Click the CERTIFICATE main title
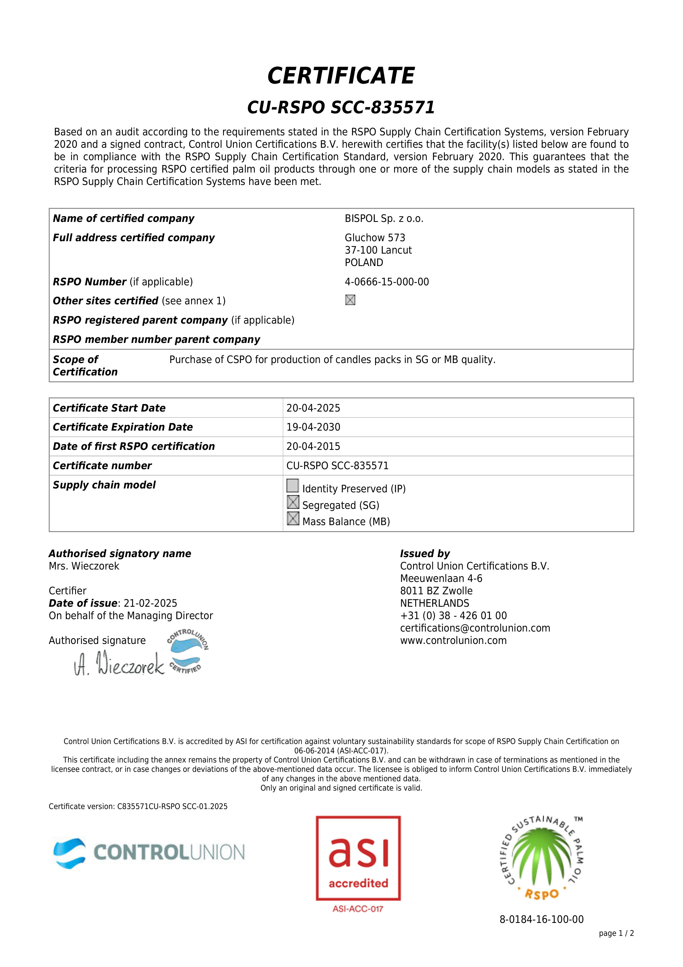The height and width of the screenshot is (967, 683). pyautogui.click(x=341, y=76)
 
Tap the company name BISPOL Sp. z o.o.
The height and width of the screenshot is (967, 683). pyautogui.click(x=384, y=219)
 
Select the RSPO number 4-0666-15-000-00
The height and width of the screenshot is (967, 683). pyautogui.click(x=386, y=282)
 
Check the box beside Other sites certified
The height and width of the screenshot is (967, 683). pyautogui.click(x=350, y=300)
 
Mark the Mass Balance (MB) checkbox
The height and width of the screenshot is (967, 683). pyautogui.click(x=293, y=519)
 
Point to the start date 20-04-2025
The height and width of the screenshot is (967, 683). pyautogui.click(x=313, y=408)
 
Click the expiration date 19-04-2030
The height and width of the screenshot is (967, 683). pyautogui.click(x=313, y=427)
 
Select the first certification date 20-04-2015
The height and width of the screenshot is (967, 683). pyautogui.click(x=313, y=447)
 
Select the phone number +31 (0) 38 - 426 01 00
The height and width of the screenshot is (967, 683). pyautogui.click(x=453, y=616)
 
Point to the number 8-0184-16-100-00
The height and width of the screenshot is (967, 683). pyautogui.click(x=541, y=919)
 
